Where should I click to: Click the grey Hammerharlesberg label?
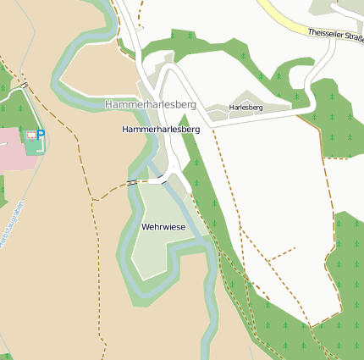point(150,103)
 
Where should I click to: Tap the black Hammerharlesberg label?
point(160,130)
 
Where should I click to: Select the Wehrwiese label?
point(163,227)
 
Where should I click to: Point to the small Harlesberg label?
point(246,108)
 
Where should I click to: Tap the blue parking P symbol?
point(41,135)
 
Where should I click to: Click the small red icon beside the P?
point(31,136)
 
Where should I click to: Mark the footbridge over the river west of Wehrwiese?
point(133,181)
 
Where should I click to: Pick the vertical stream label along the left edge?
point(8,227)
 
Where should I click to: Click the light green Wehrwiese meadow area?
point(157,250)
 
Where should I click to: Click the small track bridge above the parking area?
point(25,85)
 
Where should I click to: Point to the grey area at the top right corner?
point(334,7)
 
